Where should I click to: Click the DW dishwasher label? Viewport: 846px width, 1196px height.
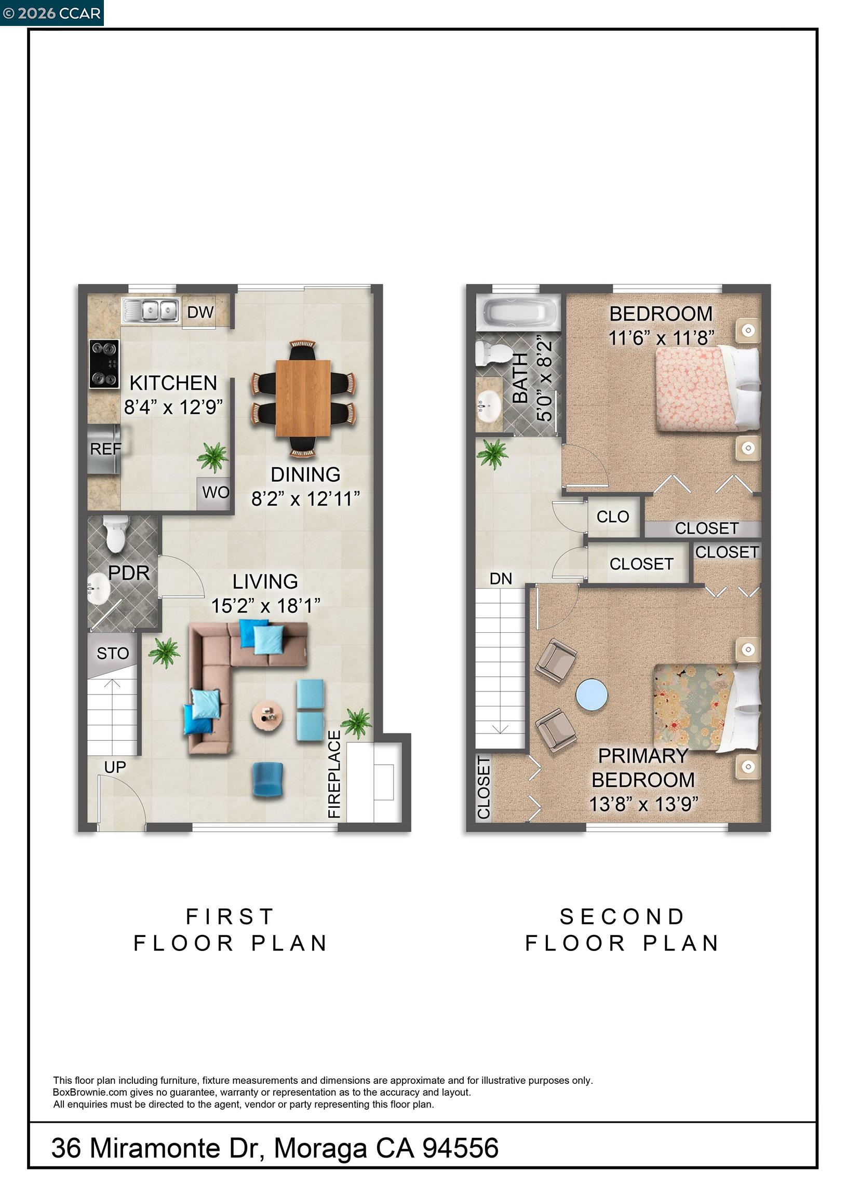click(200, 312)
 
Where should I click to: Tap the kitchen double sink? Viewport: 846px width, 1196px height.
click(151, 311)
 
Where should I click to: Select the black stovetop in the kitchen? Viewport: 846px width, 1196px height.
click(104, 363)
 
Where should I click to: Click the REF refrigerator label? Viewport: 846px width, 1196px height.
click(105, 448)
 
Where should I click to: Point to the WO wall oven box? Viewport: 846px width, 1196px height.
click(216, 492)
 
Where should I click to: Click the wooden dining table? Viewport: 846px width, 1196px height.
click(303, 398)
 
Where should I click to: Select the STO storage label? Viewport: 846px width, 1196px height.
click(113, 653)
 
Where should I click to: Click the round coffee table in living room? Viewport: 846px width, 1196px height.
click(268, 717)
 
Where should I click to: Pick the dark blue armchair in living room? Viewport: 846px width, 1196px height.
click(268, 779)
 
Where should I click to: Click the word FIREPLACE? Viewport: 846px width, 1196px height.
click(334, 774)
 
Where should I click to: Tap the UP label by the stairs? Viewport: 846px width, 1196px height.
click(115, 767)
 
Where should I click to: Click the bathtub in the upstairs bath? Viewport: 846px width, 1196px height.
click(518, 312)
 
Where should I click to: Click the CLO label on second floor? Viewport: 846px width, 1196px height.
click(612, 517)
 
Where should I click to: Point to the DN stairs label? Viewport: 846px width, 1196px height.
click(501, 579)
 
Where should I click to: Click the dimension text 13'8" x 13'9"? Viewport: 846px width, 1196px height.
click(643, 804)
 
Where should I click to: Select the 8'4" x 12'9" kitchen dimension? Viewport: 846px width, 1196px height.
click(173, 407)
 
